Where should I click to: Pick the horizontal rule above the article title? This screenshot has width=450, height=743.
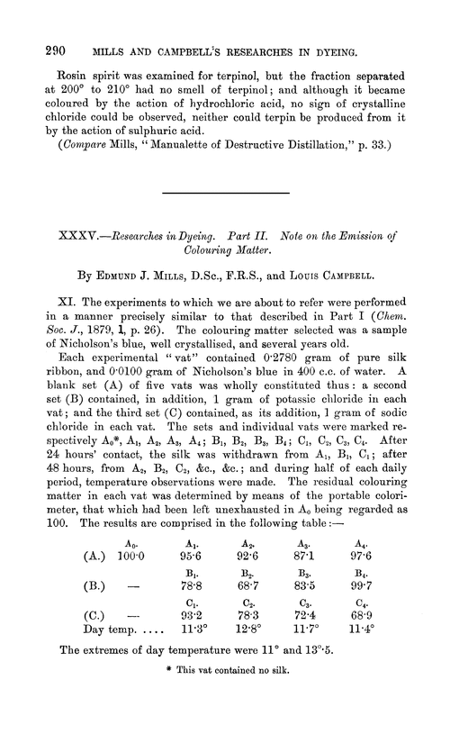(225, 194)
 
